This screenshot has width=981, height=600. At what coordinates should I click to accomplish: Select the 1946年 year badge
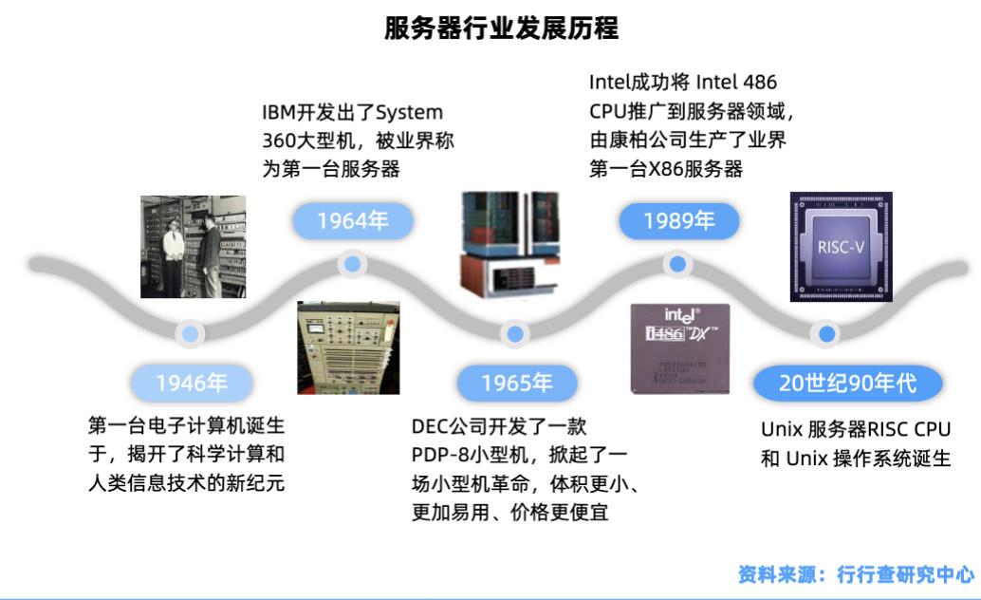click(191, 384)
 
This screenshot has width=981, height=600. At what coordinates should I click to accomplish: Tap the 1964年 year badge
click(352, 222)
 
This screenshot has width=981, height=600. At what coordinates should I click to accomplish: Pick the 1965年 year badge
click(515, 384)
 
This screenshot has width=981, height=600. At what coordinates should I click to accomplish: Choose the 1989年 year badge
click(677, 222)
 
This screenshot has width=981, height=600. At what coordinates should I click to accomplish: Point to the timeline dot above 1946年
click(191, 333)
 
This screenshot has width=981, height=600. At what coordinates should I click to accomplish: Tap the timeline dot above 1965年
click(514, 333)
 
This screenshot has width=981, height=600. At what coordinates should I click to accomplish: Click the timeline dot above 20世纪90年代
click(827, 333)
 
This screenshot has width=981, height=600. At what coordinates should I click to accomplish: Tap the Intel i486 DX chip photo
click(680, 348)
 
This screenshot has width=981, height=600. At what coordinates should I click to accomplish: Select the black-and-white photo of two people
click(193, 246)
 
